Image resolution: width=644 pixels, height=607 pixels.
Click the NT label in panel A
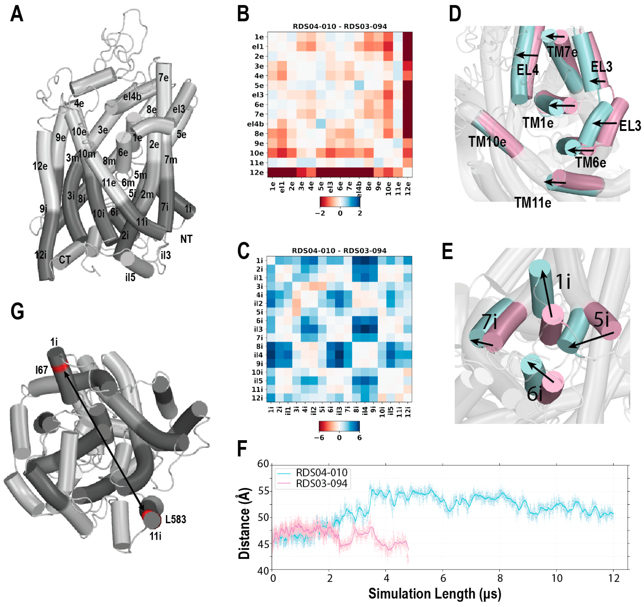tap(186, 239)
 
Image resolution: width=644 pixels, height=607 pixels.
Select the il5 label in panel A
tap(130, 277)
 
